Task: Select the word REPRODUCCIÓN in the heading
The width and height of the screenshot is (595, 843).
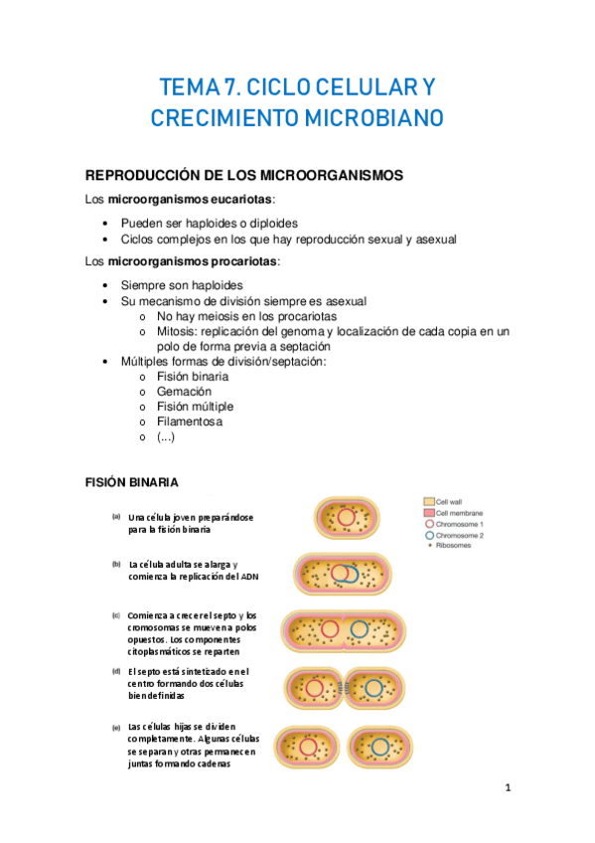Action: coord(149,175)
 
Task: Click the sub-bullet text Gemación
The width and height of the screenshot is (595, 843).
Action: coord(184,392)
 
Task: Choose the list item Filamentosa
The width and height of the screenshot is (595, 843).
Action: coord(190,421)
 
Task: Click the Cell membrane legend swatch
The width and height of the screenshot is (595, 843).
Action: coord(428,513)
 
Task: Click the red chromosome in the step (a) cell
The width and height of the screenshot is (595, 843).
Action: coord(346,518)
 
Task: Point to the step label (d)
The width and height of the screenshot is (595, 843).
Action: coord(116,671)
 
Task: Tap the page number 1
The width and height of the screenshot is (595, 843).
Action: coord(508,788)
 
